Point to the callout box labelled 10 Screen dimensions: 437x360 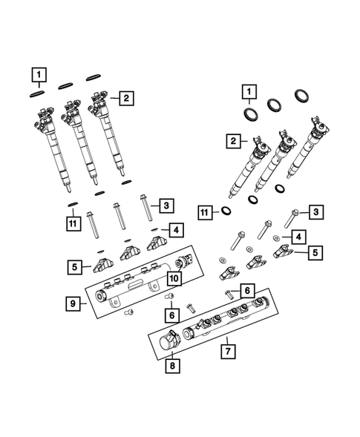(173, 278)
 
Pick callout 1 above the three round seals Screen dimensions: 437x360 (251, 91)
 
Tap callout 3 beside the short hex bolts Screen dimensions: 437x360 (315, 213)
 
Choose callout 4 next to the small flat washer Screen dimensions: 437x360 (297, 237)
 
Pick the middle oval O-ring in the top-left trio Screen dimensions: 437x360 (66, 84)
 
